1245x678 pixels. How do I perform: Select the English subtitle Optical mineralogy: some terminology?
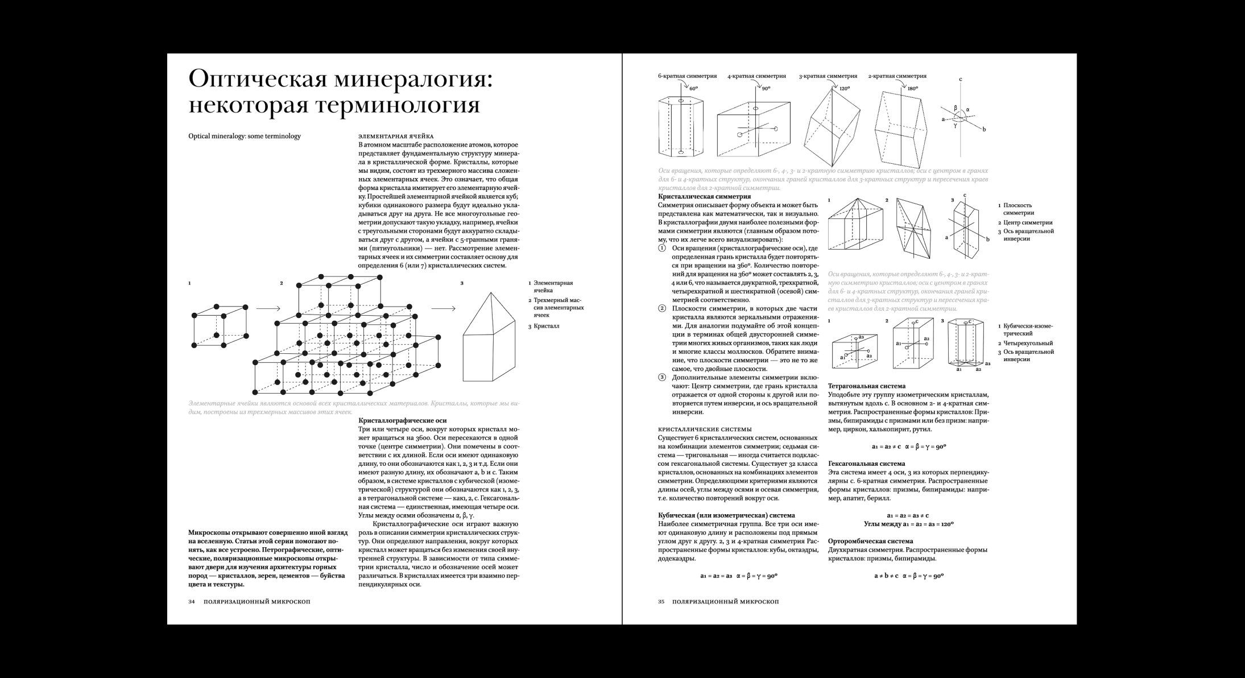point(245,137)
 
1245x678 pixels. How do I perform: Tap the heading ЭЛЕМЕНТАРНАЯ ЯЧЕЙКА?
point(396,137)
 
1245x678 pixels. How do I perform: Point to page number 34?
point(192,602)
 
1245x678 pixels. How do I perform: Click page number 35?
point(661,602)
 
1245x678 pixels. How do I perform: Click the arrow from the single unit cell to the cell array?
point(268,309)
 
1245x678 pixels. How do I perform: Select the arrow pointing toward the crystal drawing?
point(443,309)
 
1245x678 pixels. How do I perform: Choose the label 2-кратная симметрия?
point(897,76)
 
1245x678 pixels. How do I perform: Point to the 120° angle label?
point(844,89)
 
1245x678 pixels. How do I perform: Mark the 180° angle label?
point(913,89)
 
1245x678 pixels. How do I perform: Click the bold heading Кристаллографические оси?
point(402,421)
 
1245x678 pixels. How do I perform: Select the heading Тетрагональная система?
point(867,386)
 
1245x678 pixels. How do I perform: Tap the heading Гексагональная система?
point(866,464)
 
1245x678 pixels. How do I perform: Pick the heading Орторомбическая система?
point(870,541)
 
